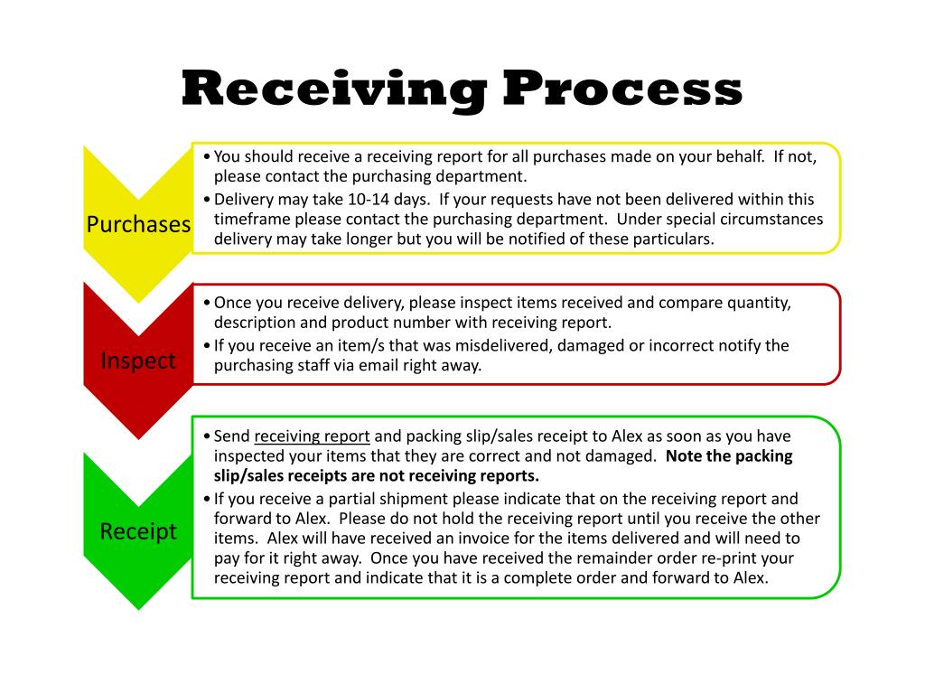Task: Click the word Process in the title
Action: click(622, 89)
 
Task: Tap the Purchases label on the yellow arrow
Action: click(138, 224)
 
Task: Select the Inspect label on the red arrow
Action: click(138, 361)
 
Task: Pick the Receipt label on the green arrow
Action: click(138, 531)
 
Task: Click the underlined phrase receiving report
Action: click(312, 436)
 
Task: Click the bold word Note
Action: click(684, 455)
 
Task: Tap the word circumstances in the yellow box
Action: click(771, 219)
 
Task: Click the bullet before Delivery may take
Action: click(208, 200)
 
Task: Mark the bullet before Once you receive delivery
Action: click(208, 304)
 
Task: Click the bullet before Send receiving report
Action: click(208, 436)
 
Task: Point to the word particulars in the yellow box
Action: click(672, 239)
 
